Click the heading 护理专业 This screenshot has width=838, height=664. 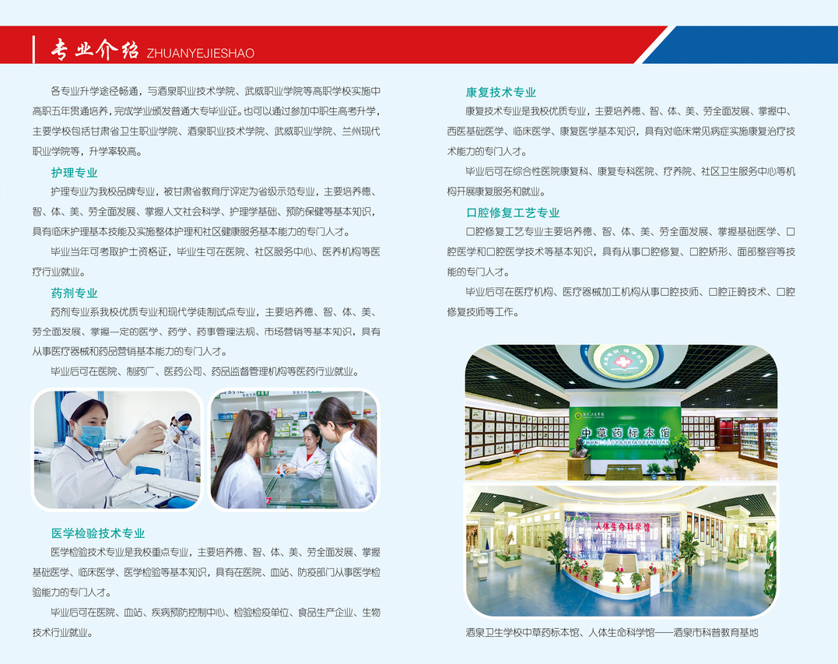[74, 173]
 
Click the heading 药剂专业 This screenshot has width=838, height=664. [74, 293]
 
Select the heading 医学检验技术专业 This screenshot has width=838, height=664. [98, 533]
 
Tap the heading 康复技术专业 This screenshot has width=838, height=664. [501, 93]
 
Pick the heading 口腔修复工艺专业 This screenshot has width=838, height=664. [513, 213]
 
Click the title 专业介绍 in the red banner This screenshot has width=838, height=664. [95, 50]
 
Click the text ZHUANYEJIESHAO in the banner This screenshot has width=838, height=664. [201, 53]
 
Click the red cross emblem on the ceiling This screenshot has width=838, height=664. [622, 361]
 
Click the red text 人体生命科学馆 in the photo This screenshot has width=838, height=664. [623, 526]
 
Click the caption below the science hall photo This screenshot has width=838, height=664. [612, 632]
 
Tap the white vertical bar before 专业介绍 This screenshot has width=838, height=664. [33, 50]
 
